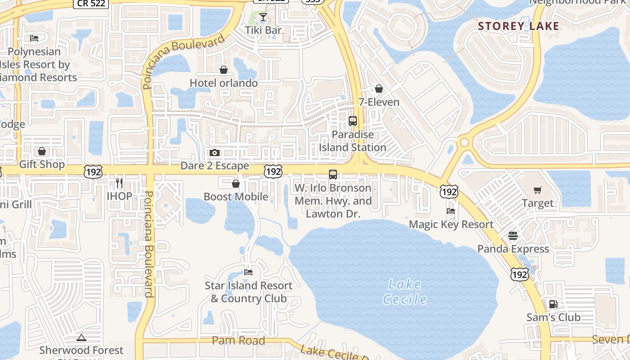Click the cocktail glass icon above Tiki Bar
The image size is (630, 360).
click(x=263, y=18)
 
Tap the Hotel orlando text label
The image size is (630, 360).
click(x=224, y=83)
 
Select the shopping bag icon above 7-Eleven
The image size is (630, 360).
click(x=379, y=89)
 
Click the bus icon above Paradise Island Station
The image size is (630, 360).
click(x=353, y=121)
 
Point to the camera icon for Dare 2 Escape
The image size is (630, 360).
click(x=215, y=153)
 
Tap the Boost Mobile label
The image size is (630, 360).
click(x=236, y=197)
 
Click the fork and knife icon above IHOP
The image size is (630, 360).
click(x=119, y=183)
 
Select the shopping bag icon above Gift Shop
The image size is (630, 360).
click(x=42, y=151)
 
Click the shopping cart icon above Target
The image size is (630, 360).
click(x=537, y=190)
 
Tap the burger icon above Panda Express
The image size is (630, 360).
click(x=513, y=236)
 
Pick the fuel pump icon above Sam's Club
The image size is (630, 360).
click(x=553, y=304)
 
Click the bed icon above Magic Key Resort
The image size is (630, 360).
click(x=451, y=211)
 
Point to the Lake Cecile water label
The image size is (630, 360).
click(x=405, y=291)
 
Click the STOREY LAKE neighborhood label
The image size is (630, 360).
click(x=518, y=26)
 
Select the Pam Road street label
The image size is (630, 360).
click(x=238, y=341)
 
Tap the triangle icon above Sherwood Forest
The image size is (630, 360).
click(x=81, y=337)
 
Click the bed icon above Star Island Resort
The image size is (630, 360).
click(x=248, y=272)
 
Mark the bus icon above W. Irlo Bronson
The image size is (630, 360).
click(x=333, y=175)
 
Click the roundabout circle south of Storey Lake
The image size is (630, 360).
click(x=464, y=143)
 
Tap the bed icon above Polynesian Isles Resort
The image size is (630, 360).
click(x=34, y=38)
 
